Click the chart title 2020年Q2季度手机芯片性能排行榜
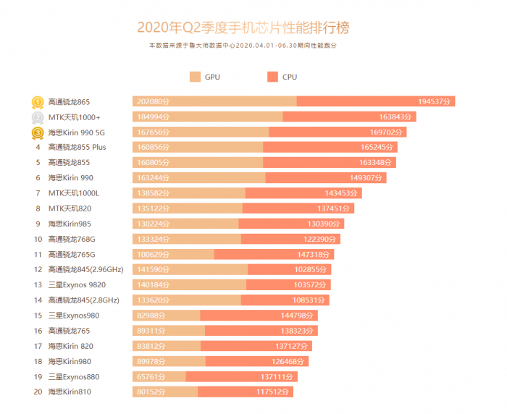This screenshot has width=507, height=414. coord(247,28)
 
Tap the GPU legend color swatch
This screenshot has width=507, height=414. coord(194,77)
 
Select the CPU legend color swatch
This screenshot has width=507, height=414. coord(272,77)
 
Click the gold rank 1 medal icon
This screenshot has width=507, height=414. coord(37,102)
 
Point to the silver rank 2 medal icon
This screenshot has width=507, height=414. coord(37,117)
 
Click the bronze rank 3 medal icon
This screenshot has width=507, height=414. coord(37,132)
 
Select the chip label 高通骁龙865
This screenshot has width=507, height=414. coord(69,102)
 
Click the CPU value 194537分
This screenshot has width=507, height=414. coord(435,102)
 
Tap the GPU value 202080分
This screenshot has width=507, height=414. coord(153,102)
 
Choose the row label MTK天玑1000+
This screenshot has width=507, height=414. coord(75,117)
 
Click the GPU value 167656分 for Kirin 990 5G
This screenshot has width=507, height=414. coord(153,132)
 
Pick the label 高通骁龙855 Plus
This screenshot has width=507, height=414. coord(77,148)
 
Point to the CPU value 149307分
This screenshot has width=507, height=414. coord(367,178)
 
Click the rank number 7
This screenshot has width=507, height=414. coord(37,193)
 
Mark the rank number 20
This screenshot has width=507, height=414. coord(37,392)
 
